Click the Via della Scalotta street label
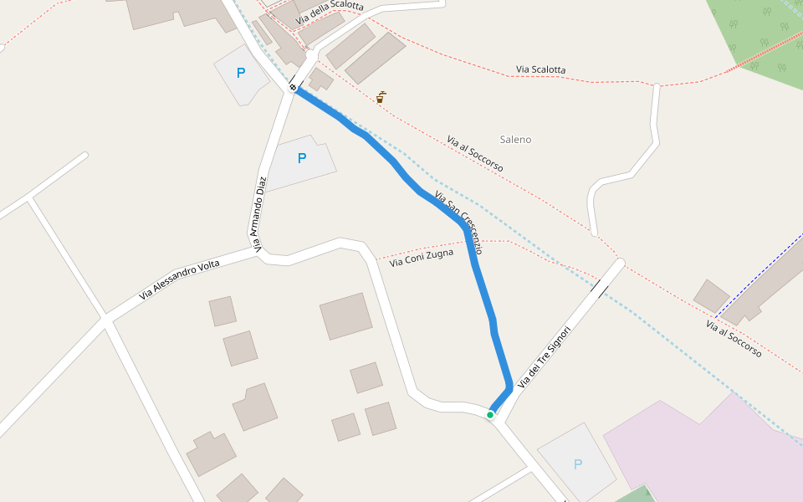pos(330,11)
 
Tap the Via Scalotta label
pos(540,69)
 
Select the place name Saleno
pos(515,140)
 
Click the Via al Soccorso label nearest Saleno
pos(475,155)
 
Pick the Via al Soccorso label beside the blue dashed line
pos(734,339)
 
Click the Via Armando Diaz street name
pos(261,213)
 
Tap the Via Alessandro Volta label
pos(180,279)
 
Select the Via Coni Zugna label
pos(422,258)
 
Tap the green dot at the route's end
pos(490,414)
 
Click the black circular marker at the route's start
pos(293,87)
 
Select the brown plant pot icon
pos(380,98)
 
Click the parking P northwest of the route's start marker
pos(241,73)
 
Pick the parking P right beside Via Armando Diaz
pos(302,158)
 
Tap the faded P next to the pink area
pos(577,464)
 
